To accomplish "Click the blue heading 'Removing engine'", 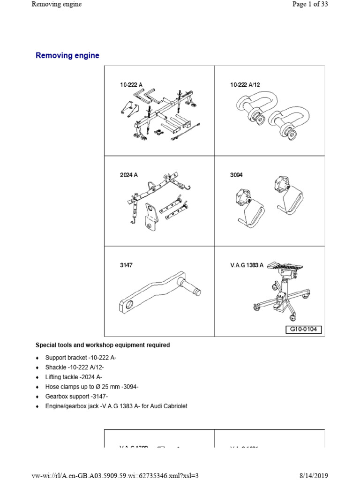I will (67, 55).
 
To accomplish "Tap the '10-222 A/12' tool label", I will (245, 85).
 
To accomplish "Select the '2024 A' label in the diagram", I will (128, 175).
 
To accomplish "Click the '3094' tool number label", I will (237, 175).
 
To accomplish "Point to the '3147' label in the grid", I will (126, 265).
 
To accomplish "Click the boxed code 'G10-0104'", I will (304, 330).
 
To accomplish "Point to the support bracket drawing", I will (159, 115).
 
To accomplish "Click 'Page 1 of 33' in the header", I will (312, 4).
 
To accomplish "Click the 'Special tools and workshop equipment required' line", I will (103, 345).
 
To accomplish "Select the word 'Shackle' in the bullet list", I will (56, 367).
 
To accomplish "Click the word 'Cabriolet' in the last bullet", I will (174, 406).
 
